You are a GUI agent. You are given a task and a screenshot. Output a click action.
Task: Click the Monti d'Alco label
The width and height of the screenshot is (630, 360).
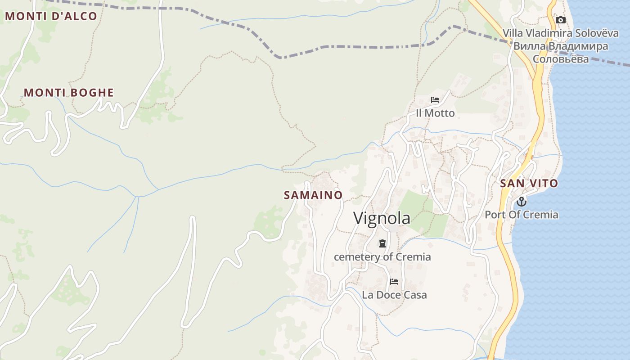coord(51,16)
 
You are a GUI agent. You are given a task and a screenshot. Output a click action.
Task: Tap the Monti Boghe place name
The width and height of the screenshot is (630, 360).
coord(68,93)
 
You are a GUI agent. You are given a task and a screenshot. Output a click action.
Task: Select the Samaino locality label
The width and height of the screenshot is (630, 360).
coord(313,195)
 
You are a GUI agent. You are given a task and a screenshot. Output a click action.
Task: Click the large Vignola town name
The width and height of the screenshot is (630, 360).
coord(382,218)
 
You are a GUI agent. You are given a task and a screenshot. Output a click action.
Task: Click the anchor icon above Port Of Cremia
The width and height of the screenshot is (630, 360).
coord(521,201)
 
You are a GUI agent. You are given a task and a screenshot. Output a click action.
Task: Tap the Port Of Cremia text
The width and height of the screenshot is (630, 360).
coord(521,215)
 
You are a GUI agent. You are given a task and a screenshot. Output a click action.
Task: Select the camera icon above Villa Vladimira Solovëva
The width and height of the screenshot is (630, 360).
coord(560,20)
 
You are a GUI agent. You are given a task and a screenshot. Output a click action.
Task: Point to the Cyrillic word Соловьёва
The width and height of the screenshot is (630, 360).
coord(560,59)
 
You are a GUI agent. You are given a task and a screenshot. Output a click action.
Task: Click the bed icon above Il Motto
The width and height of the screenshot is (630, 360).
coord(435,100)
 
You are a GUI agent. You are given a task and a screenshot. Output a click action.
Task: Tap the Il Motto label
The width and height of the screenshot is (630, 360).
coord(435,113)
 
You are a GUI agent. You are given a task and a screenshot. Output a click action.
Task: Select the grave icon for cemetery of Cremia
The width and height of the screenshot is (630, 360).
coord(382,244)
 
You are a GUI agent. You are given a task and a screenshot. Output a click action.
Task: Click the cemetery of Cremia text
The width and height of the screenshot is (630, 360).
coord(382,257)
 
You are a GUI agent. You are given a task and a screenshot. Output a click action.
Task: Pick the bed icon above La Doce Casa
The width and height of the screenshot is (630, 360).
coord(394,282)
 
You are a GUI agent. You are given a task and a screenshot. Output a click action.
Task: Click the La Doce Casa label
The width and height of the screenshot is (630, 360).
coord(394,295)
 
